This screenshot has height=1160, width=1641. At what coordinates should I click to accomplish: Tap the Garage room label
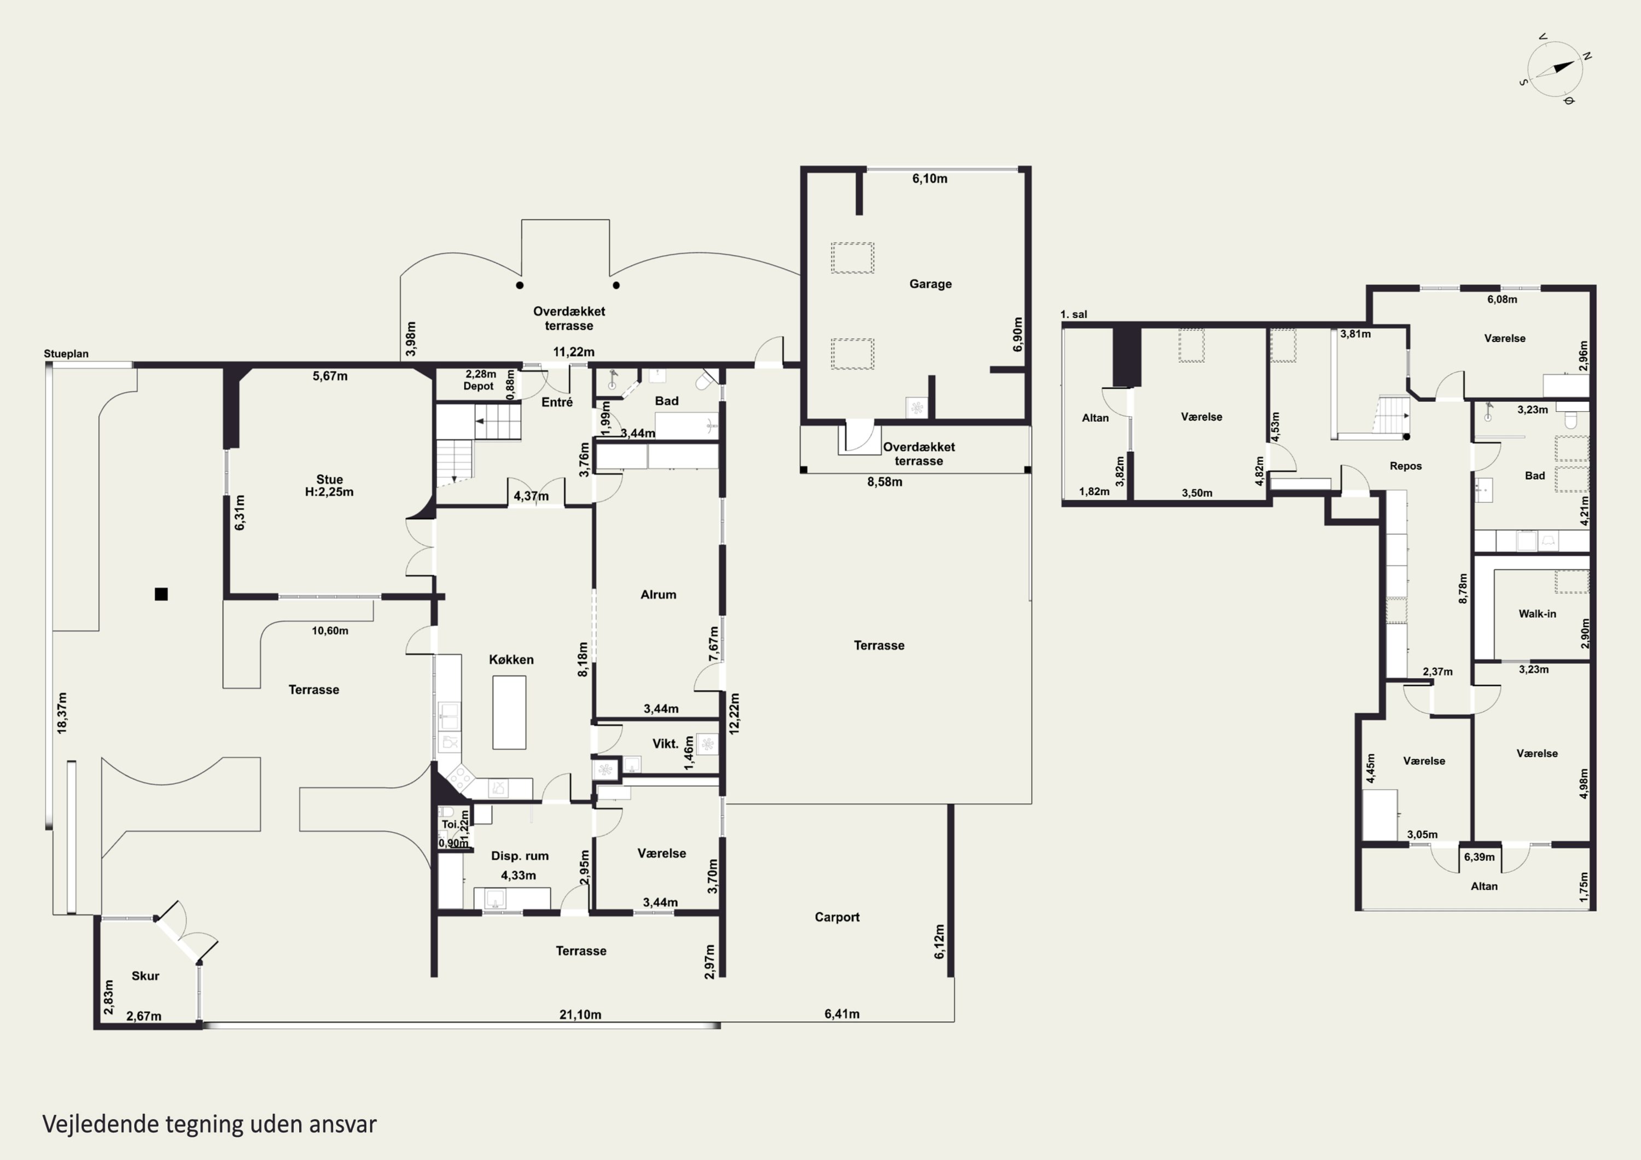point(930,284)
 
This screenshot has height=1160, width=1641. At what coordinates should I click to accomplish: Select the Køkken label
point(511,660)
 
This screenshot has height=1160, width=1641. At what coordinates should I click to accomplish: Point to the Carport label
point(837,917)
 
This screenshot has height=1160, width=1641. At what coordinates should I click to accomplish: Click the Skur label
point(145,976)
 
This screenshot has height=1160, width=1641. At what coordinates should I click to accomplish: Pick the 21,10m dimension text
point(580,1014)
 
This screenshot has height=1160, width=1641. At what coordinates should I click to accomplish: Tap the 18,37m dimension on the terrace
point(62,713)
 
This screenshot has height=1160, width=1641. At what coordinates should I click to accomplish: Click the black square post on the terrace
point(161,594)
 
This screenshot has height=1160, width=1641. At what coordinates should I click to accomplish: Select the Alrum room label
point(658,594)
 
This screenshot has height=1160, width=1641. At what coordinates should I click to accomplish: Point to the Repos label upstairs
point(1405,466)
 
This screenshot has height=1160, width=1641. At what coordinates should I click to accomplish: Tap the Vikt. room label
point(665,743)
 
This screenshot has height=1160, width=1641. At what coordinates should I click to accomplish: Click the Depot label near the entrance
point(478,386)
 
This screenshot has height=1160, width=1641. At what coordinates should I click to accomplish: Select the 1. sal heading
point(1074,314)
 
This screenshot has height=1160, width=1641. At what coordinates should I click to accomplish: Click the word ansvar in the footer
point(342,1124)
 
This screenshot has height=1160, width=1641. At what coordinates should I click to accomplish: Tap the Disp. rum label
point(520,855)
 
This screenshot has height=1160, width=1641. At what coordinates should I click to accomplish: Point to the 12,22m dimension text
point(734,713)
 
